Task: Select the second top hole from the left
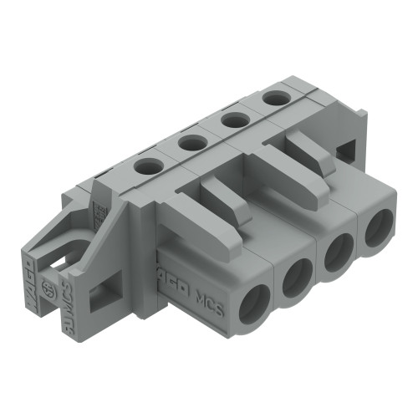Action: click(192, 143)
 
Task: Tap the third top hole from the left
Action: click(233, 120)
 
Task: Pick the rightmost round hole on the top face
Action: click(273, 99)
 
